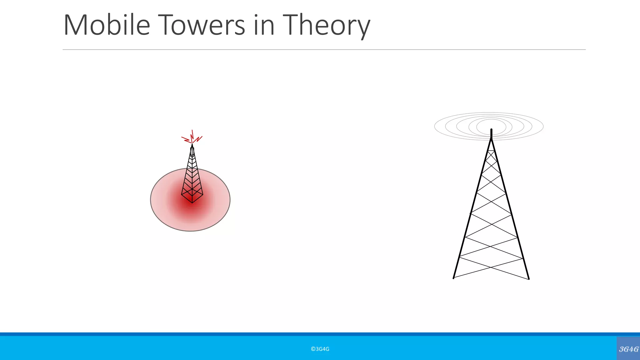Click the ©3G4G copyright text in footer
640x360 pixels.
(x=320, y=349)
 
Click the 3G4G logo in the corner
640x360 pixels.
(x=628, y=349)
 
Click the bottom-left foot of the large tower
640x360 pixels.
(x=453, y=278)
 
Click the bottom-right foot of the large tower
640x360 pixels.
(x=529, y=279)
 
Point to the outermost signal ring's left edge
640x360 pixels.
(x=435, y=127)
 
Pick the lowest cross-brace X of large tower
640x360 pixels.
(x=491, y=267)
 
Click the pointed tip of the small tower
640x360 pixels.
(x=192, y=145)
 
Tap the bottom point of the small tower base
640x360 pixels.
(x=192, y=203)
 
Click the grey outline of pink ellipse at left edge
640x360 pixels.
(x=151, y=200)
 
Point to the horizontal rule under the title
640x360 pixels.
(x=324, y=50)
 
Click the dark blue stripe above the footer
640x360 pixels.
(x=320, y=334)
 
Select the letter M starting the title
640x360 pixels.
(x=75, y=25)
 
